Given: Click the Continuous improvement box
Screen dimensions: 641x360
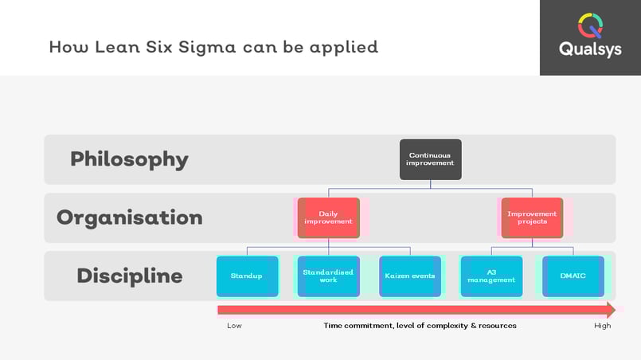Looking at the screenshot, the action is [x=431, y=159].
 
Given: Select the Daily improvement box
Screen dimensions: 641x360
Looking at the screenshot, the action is [x=329, y=217].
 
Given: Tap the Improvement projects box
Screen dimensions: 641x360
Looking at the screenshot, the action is [x=532, y=217].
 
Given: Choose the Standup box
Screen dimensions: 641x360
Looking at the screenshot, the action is [x=248, y=276].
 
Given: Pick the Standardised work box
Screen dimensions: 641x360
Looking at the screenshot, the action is [x=329, y=276].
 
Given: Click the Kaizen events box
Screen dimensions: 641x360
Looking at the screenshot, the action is [x=410, y=276].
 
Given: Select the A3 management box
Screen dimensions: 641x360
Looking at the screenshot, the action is [x=491, y=276].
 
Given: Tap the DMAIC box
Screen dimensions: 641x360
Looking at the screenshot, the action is [x=573, y=276].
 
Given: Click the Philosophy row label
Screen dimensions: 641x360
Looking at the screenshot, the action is [x=129, y=159].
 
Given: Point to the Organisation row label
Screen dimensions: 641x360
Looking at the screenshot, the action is [x=130, y=217].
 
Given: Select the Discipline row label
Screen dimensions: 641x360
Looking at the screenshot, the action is [x=130, y=276].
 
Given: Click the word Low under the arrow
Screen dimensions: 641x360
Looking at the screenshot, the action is [x=234, y=326].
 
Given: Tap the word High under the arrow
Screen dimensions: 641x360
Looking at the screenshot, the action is [x=603, y=326].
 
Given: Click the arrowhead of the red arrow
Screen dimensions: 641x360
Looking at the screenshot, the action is [x=612, y=310].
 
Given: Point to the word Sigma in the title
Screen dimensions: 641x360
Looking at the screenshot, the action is [x=207, y=48].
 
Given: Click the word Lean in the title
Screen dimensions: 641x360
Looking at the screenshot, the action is [x=117, y=47].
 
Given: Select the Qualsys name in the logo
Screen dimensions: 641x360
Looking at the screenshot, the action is [x=590, y=49].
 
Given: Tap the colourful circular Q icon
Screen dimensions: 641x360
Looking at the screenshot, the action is [x=590, y=25].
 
